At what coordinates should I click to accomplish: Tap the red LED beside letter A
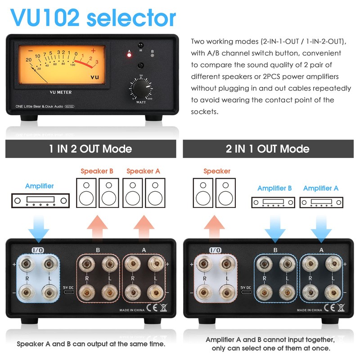(x=130, y=56)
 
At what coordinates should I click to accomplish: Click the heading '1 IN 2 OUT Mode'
(x=90, y=148)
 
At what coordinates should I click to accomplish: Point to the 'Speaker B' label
(x=98, y=171)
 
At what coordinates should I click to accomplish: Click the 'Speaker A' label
(x=143, y=171)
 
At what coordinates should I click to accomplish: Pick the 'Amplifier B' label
(x=274, y=188)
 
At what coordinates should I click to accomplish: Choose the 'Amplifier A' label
(x=320, y=188)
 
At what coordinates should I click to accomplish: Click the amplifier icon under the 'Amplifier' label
(x=40, y=200)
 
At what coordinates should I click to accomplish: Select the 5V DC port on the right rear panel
(x=246, y=292)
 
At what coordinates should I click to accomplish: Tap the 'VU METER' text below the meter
(x=60, y=93)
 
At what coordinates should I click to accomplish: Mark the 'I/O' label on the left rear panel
(x=37, y=249)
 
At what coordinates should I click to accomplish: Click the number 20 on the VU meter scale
(x=29, y=59)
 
